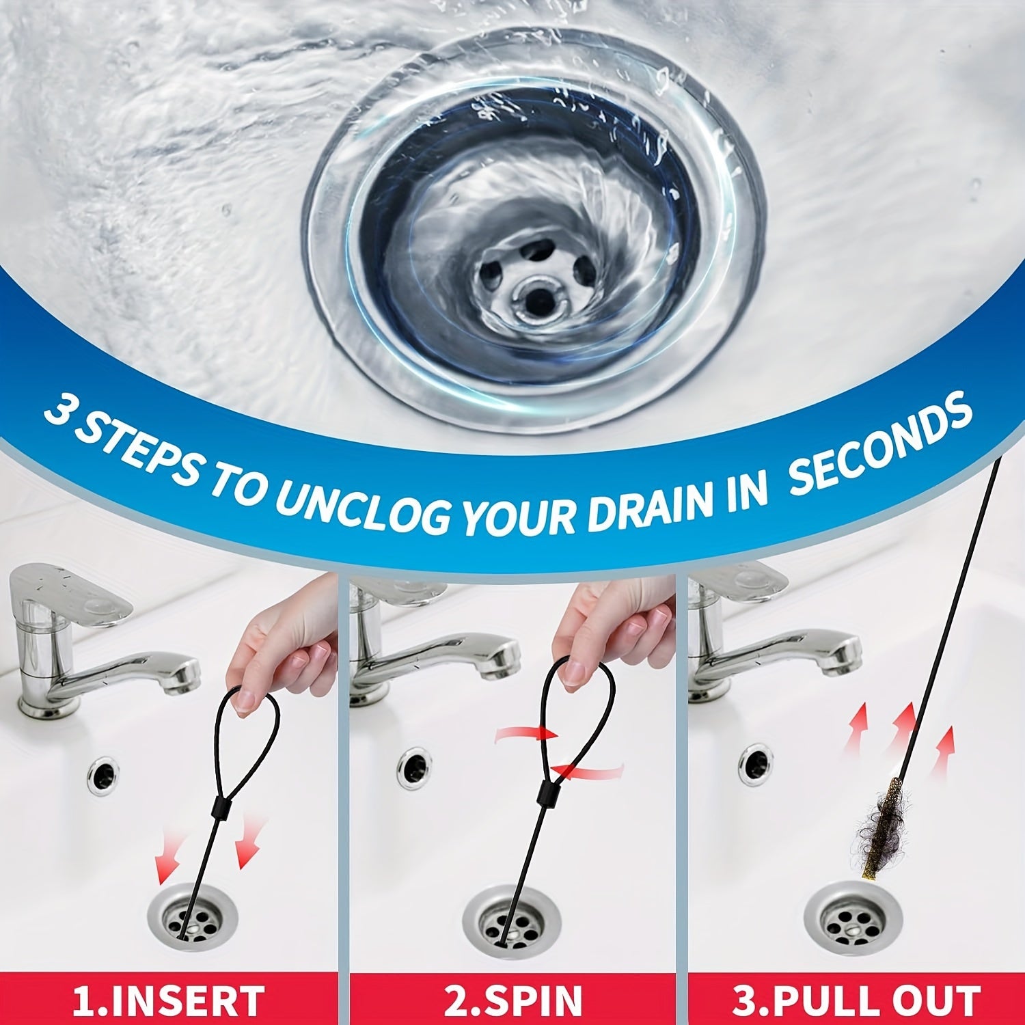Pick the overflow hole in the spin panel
click(413, 765)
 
